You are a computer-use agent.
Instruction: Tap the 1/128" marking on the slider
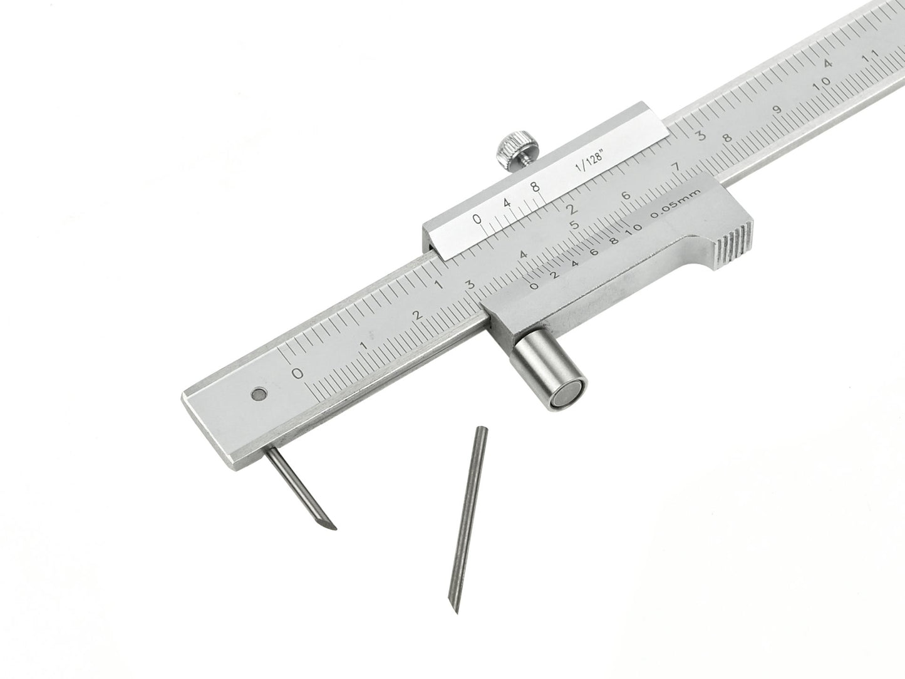point(587,167)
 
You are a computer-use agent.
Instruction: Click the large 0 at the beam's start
point(298,373)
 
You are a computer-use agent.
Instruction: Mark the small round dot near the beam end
point(257,394)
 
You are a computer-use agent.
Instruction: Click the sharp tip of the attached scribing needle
point(335,528)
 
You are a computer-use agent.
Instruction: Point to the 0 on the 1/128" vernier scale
point(477,219)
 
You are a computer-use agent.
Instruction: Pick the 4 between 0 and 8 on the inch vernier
point(506,203)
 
